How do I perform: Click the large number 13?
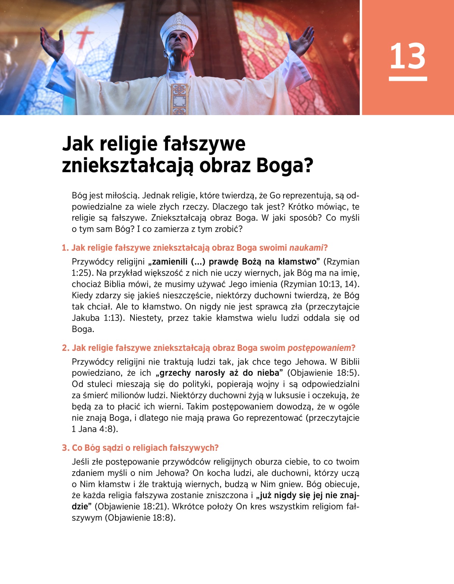point(407,56)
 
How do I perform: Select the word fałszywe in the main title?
point(204,144)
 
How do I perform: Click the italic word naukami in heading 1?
point(306,248)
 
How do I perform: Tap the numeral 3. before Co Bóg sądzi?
point(66,448)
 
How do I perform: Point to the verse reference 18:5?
point(347,373)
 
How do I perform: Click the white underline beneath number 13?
point(407,79)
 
